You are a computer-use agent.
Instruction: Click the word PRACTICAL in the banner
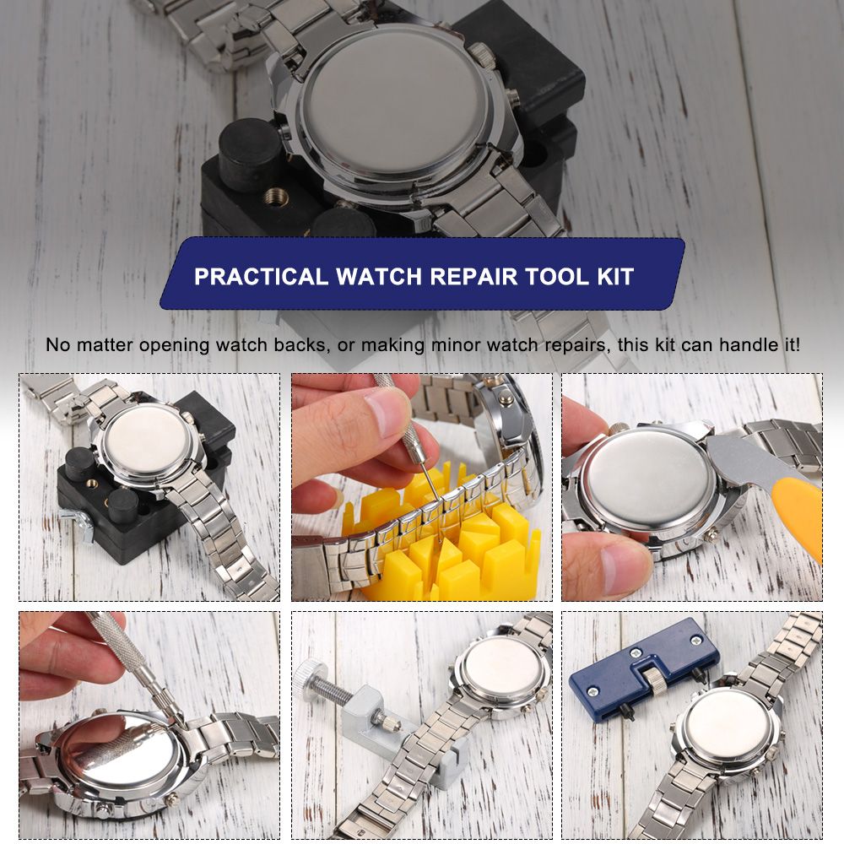point(261,277)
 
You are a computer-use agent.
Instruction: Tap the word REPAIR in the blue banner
point(473,277)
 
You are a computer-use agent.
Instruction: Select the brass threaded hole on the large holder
point(275,197)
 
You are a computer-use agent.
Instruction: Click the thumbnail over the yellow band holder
point(387,412)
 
